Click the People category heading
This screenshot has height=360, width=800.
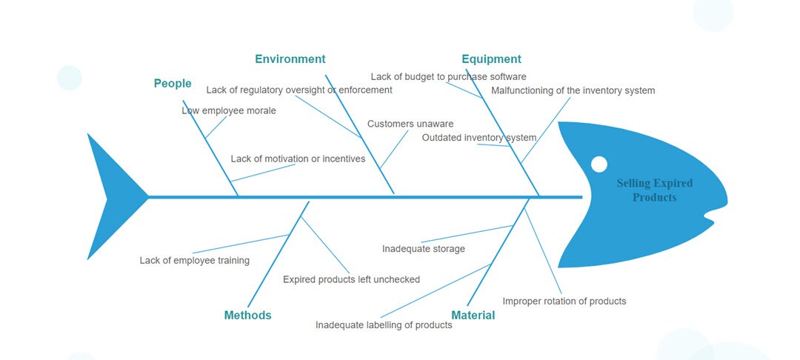click(x=173, y=84)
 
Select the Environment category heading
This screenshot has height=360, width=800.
click(x=290, y=59)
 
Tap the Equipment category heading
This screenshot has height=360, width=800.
click(x=491, y=59)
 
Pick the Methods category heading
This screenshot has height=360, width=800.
click(x=247, y=316)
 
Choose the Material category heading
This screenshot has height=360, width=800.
click(x=473, y=316)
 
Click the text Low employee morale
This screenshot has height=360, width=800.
click(x=229, y=110)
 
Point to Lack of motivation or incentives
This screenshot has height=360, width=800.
click(x=298, y=159)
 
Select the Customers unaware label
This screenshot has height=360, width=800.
click(x=410, y=124)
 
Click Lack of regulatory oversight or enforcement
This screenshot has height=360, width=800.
click(x=299, y=90)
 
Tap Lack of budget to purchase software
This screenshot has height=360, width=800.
click(x=448, y=76)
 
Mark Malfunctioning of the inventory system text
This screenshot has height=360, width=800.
click(x=573, y=90)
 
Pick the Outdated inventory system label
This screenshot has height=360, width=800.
click(x=479, y=138)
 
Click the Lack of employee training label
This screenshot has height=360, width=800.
click(x=195, y=261)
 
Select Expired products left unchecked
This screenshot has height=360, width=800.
click(x=351, y=279)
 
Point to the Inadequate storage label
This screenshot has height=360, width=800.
click(x=424, y=249)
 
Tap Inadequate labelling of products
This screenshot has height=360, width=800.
click(x=384, y=325)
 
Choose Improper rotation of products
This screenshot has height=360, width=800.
click(x=564, y=301)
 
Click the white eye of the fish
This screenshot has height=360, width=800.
click(x=599, y=164)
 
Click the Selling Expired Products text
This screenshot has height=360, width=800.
click(x=655, y=190)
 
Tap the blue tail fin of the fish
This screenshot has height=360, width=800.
click(x=111, y=197)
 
